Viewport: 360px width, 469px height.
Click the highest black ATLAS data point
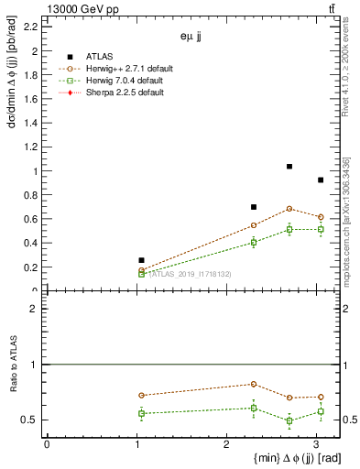[289, 167]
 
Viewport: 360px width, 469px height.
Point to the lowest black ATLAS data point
[141, 260]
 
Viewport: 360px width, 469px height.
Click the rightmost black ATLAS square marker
[320, 180]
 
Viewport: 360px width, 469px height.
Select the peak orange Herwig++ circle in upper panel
[289, 209]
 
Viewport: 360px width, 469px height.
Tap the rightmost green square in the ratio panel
[320, 411]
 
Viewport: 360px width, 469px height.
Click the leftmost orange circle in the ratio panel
[141, 395]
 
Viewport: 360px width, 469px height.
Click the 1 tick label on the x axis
[136, 445]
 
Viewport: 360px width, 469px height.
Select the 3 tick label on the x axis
[317, 445]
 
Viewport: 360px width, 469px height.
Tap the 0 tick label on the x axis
[47, 445]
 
